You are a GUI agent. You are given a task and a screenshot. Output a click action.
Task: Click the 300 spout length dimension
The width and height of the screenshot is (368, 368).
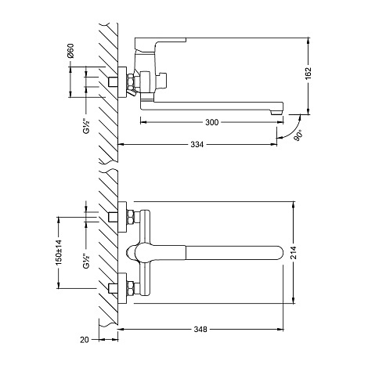pos(211,122)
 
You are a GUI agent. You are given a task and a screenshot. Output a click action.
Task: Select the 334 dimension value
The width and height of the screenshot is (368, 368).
pos(197,144)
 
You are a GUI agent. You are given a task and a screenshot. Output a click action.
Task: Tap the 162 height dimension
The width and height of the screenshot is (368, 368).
pos(308,74)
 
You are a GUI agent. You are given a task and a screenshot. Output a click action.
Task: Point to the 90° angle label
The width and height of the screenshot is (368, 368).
pos(299,135)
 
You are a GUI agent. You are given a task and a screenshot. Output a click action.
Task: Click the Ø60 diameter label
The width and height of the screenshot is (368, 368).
pos(70,51)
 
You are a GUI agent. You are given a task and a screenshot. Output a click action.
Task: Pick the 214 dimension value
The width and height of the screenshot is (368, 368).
pos(294,252)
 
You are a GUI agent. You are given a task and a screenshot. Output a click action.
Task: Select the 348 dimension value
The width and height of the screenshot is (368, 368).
pos(200,330)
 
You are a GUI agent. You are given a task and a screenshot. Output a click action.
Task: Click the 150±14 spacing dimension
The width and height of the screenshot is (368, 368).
pos(59,252)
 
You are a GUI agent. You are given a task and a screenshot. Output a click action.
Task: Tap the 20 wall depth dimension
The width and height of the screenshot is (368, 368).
pos(85,340)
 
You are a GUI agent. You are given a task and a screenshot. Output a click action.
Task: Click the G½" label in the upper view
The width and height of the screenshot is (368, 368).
pos(86,126)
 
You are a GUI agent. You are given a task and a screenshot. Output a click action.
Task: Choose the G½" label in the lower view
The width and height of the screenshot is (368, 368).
pos(86,261)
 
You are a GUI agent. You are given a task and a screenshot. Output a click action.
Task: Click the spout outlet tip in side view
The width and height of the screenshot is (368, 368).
pos(276,112)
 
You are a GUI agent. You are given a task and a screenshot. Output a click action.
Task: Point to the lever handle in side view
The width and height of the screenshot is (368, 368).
pos(160,42)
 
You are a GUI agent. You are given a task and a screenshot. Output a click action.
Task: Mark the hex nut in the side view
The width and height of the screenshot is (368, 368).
pos(130,81)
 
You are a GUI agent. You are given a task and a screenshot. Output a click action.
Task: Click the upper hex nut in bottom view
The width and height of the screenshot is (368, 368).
pos(131,218)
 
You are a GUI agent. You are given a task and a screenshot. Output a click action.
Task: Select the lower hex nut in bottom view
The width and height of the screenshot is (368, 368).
pos(131,289)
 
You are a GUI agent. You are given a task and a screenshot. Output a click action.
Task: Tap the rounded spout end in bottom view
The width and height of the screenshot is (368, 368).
pos(279,253)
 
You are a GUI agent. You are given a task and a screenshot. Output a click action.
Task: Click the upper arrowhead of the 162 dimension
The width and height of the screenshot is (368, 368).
pos(308,41)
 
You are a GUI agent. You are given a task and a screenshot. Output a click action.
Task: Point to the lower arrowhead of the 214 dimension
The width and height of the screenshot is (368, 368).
pos(294,301)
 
